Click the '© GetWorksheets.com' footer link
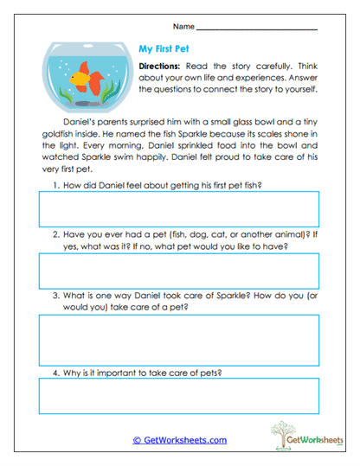[x=179, y=440]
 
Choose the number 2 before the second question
[x=55, y=234]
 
